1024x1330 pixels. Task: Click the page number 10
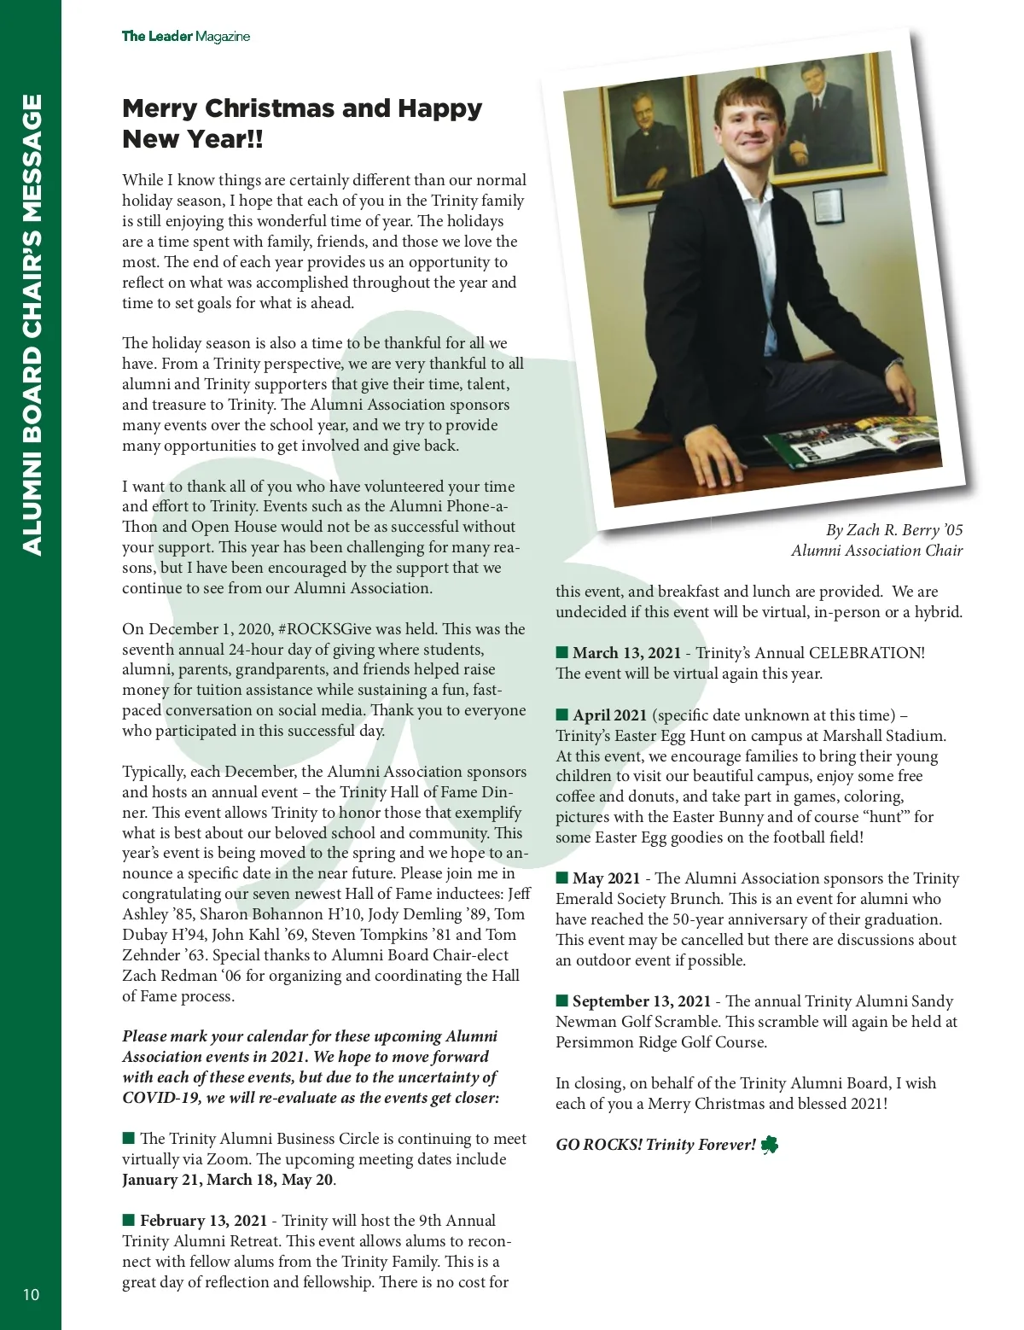coord(31,1294)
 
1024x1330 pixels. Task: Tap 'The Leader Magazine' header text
coord(186,36)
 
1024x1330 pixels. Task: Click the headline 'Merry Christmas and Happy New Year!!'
coord(302,123)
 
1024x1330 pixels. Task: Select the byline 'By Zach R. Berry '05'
coord(893,530)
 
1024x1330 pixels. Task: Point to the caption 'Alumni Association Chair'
coord(876,551)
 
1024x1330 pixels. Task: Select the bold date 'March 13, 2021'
coord(626,653)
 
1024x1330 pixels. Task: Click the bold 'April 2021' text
coord(609,715)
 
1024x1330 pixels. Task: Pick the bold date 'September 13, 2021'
coord(642,1001)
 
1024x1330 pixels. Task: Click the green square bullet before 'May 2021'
coord(561,878)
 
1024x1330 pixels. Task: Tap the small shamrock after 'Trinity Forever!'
coord(770,1145)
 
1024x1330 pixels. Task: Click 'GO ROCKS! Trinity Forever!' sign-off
coord(655,1145)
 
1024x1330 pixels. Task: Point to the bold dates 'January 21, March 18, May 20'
coord(228,1180)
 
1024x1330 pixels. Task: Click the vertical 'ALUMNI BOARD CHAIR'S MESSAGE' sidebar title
coord(31,324)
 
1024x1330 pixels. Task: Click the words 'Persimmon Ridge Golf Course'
coord(660,1042)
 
